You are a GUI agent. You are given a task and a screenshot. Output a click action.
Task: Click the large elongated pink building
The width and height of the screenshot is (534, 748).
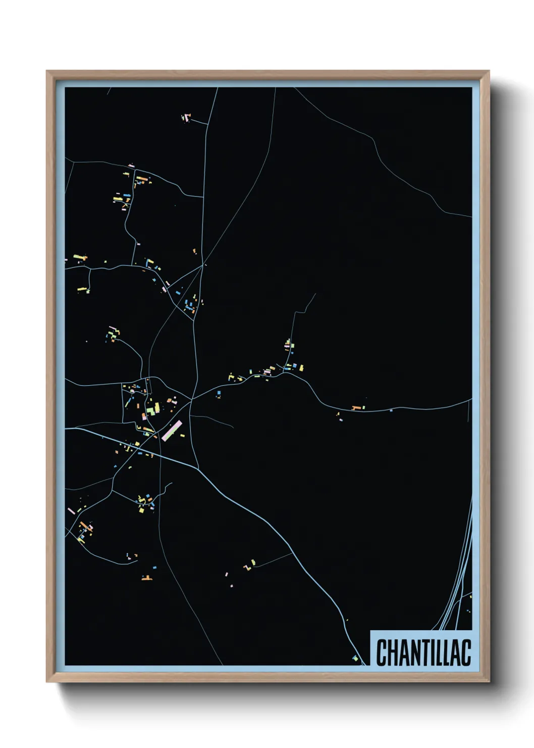tap(172, 431)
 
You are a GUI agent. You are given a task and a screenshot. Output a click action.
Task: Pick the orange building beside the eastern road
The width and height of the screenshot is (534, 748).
tap(357, 407)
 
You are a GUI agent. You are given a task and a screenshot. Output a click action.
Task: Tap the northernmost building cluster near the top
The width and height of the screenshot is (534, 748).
tap(186, 118)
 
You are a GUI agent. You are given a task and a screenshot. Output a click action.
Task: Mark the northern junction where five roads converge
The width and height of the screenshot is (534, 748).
tap(203, 264)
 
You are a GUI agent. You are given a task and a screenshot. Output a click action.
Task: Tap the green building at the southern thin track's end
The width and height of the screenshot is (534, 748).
tap(253, 562)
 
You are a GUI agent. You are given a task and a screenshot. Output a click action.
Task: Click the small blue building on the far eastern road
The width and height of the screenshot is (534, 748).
tap(391, 410)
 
